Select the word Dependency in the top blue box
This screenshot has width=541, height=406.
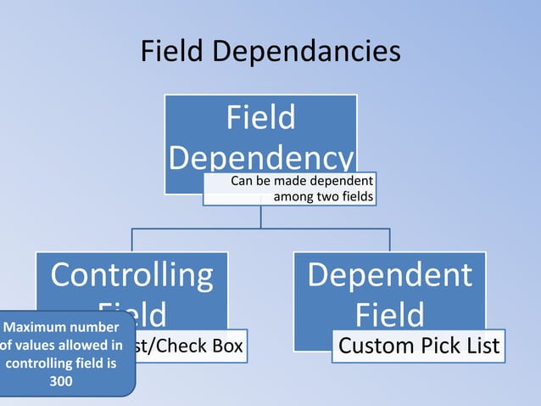click(x=260, y=159)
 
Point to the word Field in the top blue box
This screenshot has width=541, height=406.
click(x=260, y=118)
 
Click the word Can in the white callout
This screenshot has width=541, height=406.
click(x=243, y=182)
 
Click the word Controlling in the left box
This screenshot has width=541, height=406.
click(x=131, y=275)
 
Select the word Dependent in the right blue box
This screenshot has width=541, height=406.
click(x=389, y=275)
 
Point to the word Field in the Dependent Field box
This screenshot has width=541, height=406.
click(x=389, y=315)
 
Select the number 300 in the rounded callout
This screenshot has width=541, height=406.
click(x=59, y=381)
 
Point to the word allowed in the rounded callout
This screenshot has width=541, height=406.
click(x=91, y=345)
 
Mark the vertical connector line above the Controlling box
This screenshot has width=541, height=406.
click(x=131, y=240)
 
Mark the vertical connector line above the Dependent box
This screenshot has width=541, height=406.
click(x=389, y=240)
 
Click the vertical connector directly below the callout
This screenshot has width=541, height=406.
click(x=260, y=217)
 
